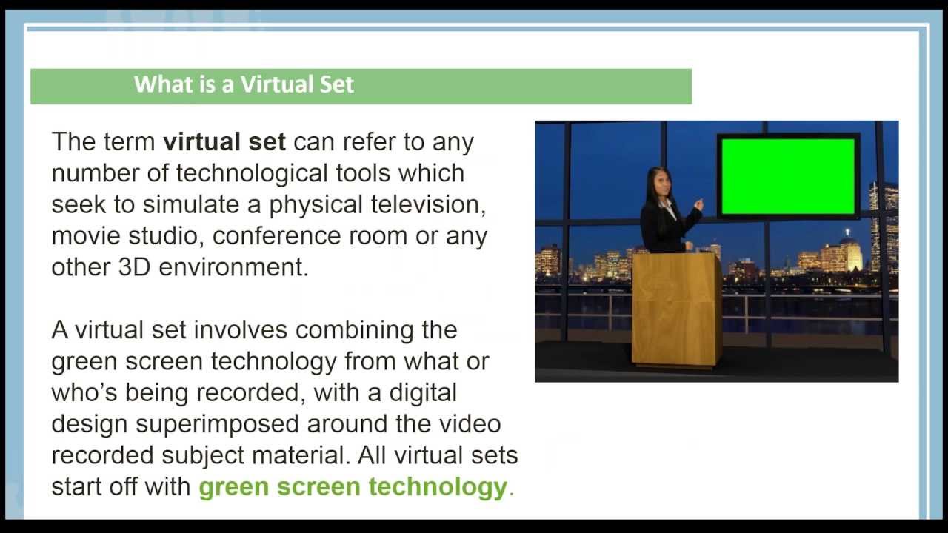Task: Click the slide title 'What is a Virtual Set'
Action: pyautogui.click(x=244, y=84)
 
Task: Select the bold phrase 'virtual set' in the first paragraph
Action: pyautogui.click(x=224, y=141)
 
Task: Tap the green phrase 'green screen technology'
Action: pyautogui.click(x=353, y=487)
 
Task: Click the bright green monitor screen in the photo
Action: pyautogui.click(x=787, y=176)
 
